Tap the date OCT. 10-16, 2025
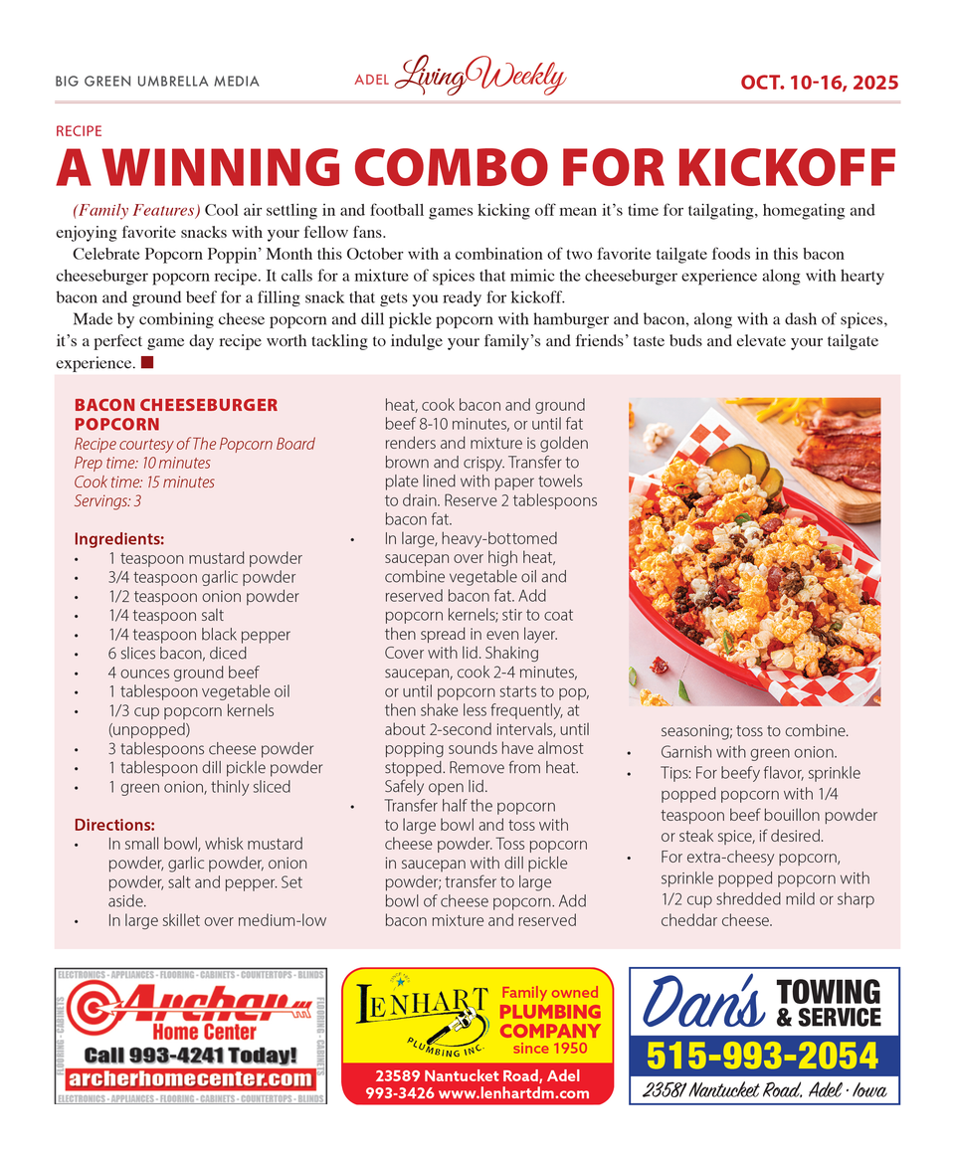819,82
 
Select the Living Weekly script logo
479,78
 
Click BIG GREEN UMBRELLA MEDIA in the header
157,82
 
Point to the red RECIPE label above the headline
79,130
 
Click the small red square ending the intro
147,363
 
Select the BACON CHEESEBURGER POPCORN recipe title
176,414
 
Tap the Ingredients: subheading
119,539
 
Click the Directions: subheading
114,825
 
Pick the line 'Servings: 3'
107,501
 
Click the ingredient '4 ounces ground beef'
183,673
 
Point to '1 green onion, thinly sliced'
199,787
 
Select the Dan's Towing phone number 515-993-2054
764,1056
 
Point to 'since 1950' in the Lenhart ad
550,1048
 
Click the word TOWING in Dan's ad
828,992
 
